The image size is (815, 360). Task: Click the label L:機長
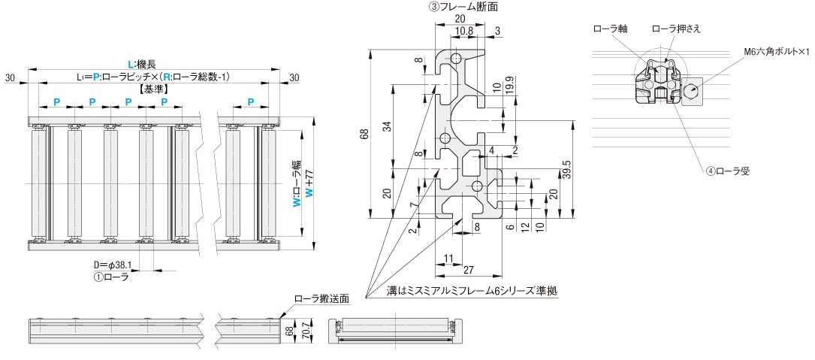click(x=146, y=65)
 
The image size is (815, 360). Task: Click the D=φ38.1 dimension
click(x=113, y=265)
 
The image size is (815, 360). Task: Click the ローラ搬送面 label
click(x=321, y=298)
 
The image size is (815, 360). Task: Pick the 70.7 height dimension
click(x=306, y=330)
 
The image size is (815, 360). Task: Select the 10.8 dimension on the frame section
click(x=464, y=31)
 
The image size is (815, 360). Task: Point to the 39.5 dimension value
click(x=567, y=170)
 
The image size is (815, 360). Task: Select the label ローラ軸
click(x=609, y=29)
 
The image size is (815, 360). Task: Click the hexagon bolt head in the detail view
click(x=691, y=92)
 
